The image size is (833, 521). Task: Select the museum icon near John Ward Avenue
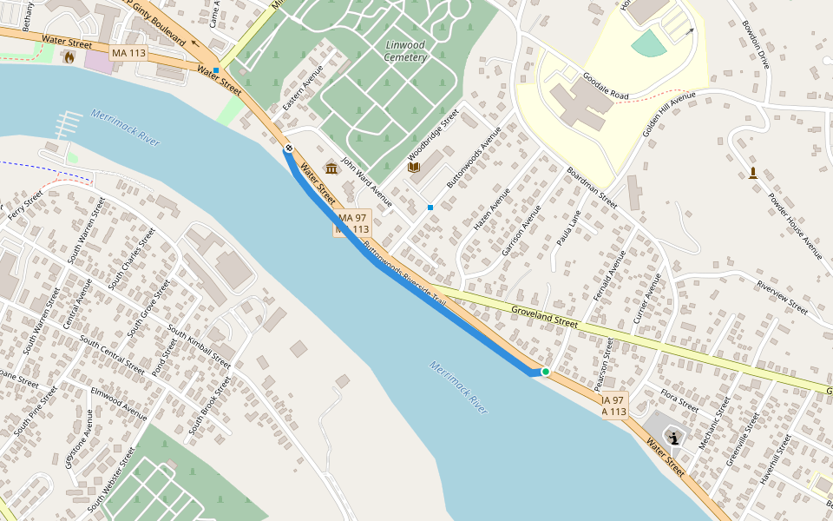331,168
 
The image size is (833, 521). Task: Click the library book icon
414,167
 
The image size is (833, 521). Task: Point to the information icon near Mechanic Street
673,438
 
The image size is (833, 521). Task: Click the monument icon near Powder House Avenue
752,172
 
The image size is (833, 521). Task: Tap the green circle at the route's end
546,372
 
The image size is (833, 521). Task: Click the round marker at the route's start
288,148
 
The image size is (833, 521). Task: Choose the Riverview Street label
782,297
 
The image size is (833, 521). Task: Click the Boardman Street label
592,188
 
